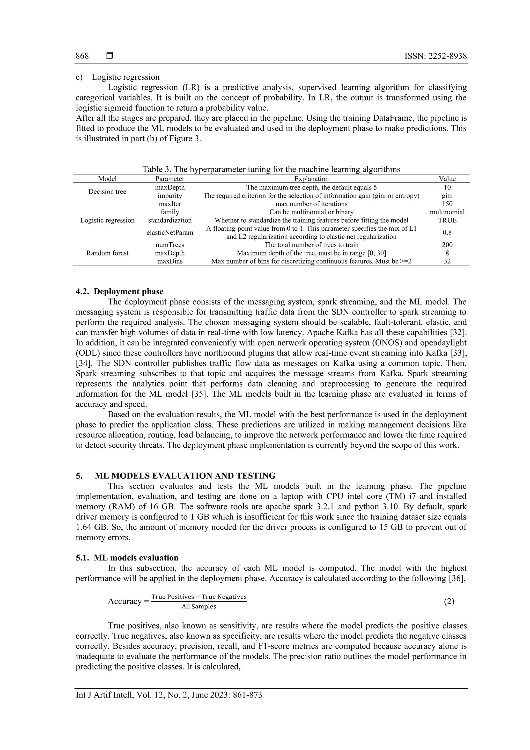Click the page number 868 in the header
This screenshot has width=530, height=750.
(x=82, y=56)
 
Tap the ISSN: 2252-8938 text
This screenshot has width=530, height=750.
(x=436, y=56)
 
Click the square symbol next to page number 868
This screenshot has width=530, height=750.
(x=110, y=56)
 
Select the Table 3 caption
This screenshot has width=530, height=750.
(x=271, y=169)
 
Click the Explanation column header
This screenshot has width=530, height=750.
(x=311, y=179)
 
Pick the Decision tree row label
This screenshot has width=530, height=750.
(x=107, y=191)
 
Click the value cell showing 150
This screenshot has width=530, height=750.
(x=447, y=204)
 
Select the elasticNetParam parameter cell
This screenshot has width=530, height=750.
(x=170, y=232)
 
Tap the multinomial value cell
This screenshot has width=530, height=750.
(x=447, y=212)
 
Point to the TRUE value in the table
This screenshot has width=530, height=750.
(x=447, y=220)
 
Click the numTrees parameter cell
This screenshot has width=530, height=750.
(x=170, y=245)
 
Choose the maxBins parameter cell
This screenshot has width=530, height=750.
(x=170, y=261)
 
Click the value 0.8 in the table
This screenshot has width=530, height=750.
(x=447, y=232)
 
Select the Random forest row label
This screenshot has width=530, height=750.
(x=107, y=253)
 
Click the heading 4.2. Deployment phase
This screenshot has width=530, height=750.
(x=120, y=291)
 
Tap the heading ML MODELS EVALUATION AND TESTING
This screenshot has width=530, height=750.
(x=185, y=476)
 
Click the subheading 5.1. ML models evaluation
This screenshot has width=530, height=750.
(x=127, y=558)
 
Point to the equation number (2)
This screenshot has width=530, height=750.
(x=449, y=601)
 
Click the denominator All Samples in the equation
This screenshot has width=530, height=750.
(x=199, y=607)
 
